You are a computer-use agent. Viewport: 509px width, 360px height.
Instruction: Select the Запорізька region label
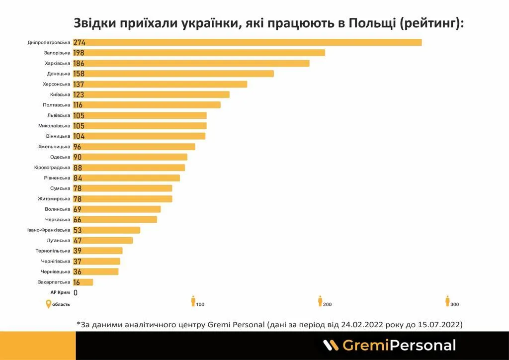point(57,53)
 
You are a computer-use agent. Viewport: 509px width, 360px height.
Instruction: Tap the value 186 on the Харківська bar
point(79,63)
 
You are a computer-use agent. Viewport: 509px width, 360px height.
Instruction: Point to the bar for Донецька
point(173,74)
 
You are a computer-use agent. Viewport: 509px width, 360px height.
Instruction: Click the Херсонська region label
point(57,84)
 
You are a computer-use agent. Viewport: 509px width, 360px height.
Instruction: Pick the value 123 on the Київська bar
point(79,94)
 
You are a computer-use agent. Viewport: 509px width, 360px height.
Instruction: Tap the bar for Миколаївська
point(140,126)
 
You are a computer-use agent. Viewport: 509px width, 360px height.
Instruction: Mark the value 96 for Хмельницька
point(77,147)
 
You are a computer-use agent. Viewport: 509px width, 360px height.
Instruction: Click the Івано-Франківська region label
point(49,230)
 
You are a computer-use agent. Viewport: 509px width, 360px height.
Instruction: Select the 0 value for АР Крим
point(76,293)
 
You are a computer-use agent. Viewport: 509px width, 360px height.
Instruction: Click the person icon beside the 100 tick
point(193,301)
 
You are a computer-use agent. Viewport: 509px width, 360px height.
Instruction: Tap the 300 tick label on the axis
point(455,304)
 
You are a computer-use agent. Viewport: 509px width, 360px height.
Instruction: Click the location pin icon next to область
point(48,304)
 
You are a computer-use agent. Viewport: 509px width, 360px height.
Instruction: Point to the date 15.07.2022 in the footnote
point(438,324)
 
